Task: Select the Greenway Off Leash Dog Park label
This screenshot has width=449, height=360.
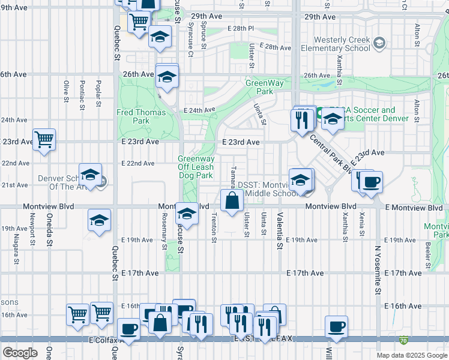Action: click(x=195, y=167)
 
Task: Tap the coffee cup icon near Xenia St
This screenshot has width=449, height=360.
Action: click(x=370, y=182)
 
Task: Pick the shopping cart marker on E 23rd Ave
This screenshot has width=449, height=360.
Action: click(x=44, y=140)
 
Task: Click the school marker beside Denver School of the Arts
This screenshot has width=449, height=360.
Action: click(x=90, y=175)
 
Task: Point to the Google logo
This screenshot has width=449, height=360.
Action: click(x=20, y=353)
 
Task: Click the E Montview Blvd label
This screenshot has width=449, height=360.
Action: click(x=414, y=208)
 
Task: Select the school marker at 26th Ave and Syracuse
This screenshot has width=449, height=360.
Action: click(x=167, y=76)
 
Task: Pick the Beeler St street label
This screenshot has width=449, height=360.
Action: click(x=427, y=254)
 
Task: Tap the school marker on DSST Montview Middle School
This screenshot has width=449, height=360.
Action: click(x=300, y=179)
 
